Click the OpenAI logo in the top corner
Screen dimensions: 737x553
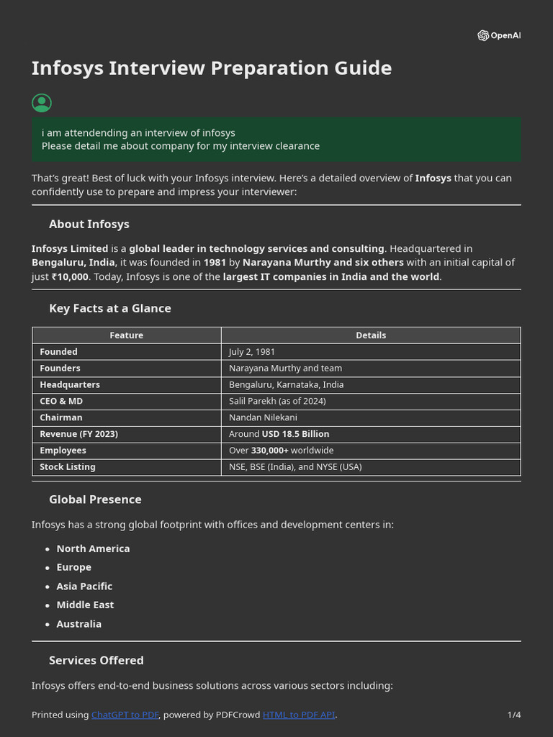tap(498, 35)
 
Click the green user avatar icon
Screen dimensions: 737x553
tap(42, 103)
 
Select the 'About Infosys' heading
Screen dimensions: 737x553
tap(89, 224)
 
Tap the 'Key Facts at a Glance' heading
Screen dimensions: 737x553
tap(110, 308)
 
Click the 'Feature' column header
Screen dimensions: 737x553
tap(126, 335)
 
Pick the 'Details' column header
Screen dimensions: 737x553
tap(371, 335)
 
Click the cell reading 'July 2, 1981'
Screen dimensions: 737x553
tap(252, 352)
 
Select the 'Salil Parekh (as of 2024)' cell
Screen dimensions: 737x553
tap(277, 401)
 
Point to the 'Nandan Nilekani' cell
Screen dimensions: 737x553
tap(263, 417)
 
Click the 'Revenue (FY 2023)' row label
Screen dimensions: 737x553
tap(78, 434)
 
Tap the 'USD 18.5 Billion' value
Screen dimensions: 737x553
tap(295, 434)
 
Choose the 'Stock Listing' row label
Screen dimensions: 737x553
tap(68, 467)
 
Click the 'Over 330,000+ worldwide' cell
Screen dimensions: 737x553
tap(281, 451)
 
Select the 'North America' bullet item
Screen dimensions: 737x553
tap(93, 548)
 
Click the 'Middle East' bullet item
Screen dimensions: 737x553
tap(85, 605)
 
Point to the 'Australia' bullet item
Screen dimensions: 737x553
tap(78, 624)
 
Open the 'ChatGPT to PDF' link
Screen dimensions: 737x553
tap(125, 715)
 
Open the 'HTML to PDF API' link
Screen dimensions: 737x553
tap(298, 715)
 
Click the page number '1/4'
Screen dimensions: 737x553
tap(513, 715)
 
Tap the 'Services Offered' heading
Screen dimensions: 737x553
tap(96, 660)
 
